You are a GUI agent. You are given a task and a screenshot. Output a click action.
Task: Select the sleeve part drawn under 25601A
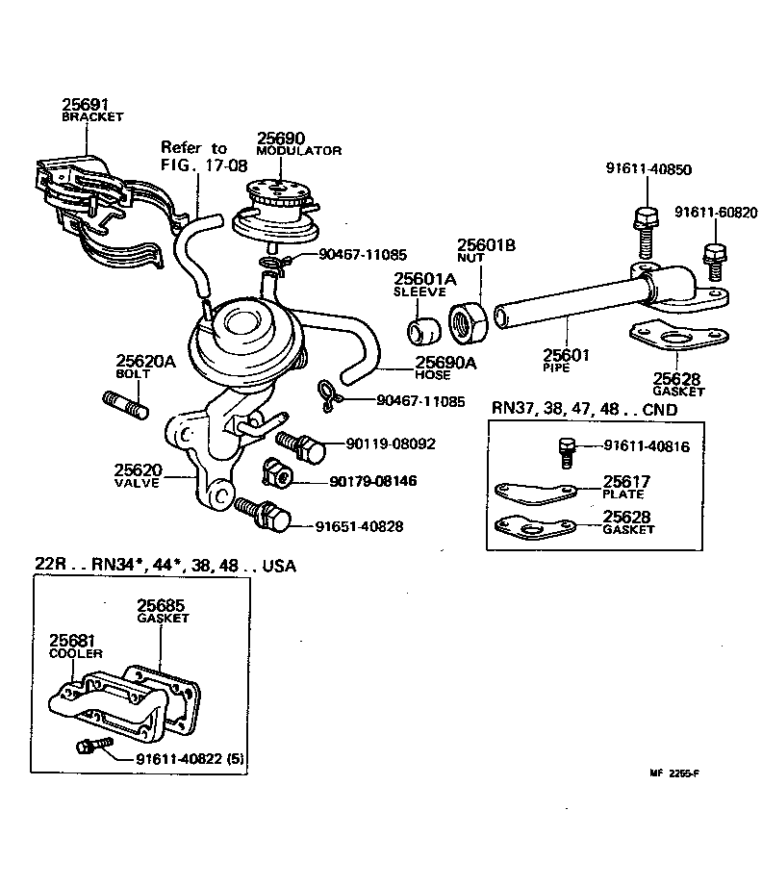(x=420, y=328)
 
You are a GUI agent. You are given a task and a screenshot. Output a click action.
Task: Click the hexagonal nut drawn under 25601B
(x=470, y=322)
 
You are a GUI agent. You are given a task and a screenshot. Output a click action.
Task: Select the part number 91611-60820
(x=717, y=212)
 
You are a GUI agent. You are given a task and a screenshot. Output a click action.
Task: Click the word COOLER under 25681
(x=75, y=653)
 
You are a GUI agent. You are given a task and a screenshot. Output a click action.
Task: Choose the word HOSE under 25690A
(x=433, y=375)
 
